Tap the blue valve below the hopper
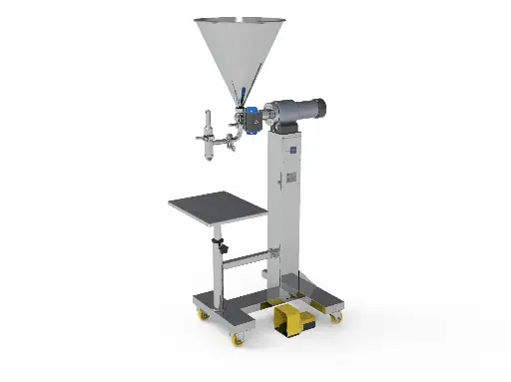tap(255, 118)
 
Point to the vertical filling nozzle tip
tap(209, 153)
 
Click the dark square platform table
tap(217, 208)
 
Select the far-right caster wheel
tap(335, 317)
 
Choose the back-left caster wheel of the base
tap(204, 315)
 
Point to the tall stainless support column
tap(286, 209)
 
